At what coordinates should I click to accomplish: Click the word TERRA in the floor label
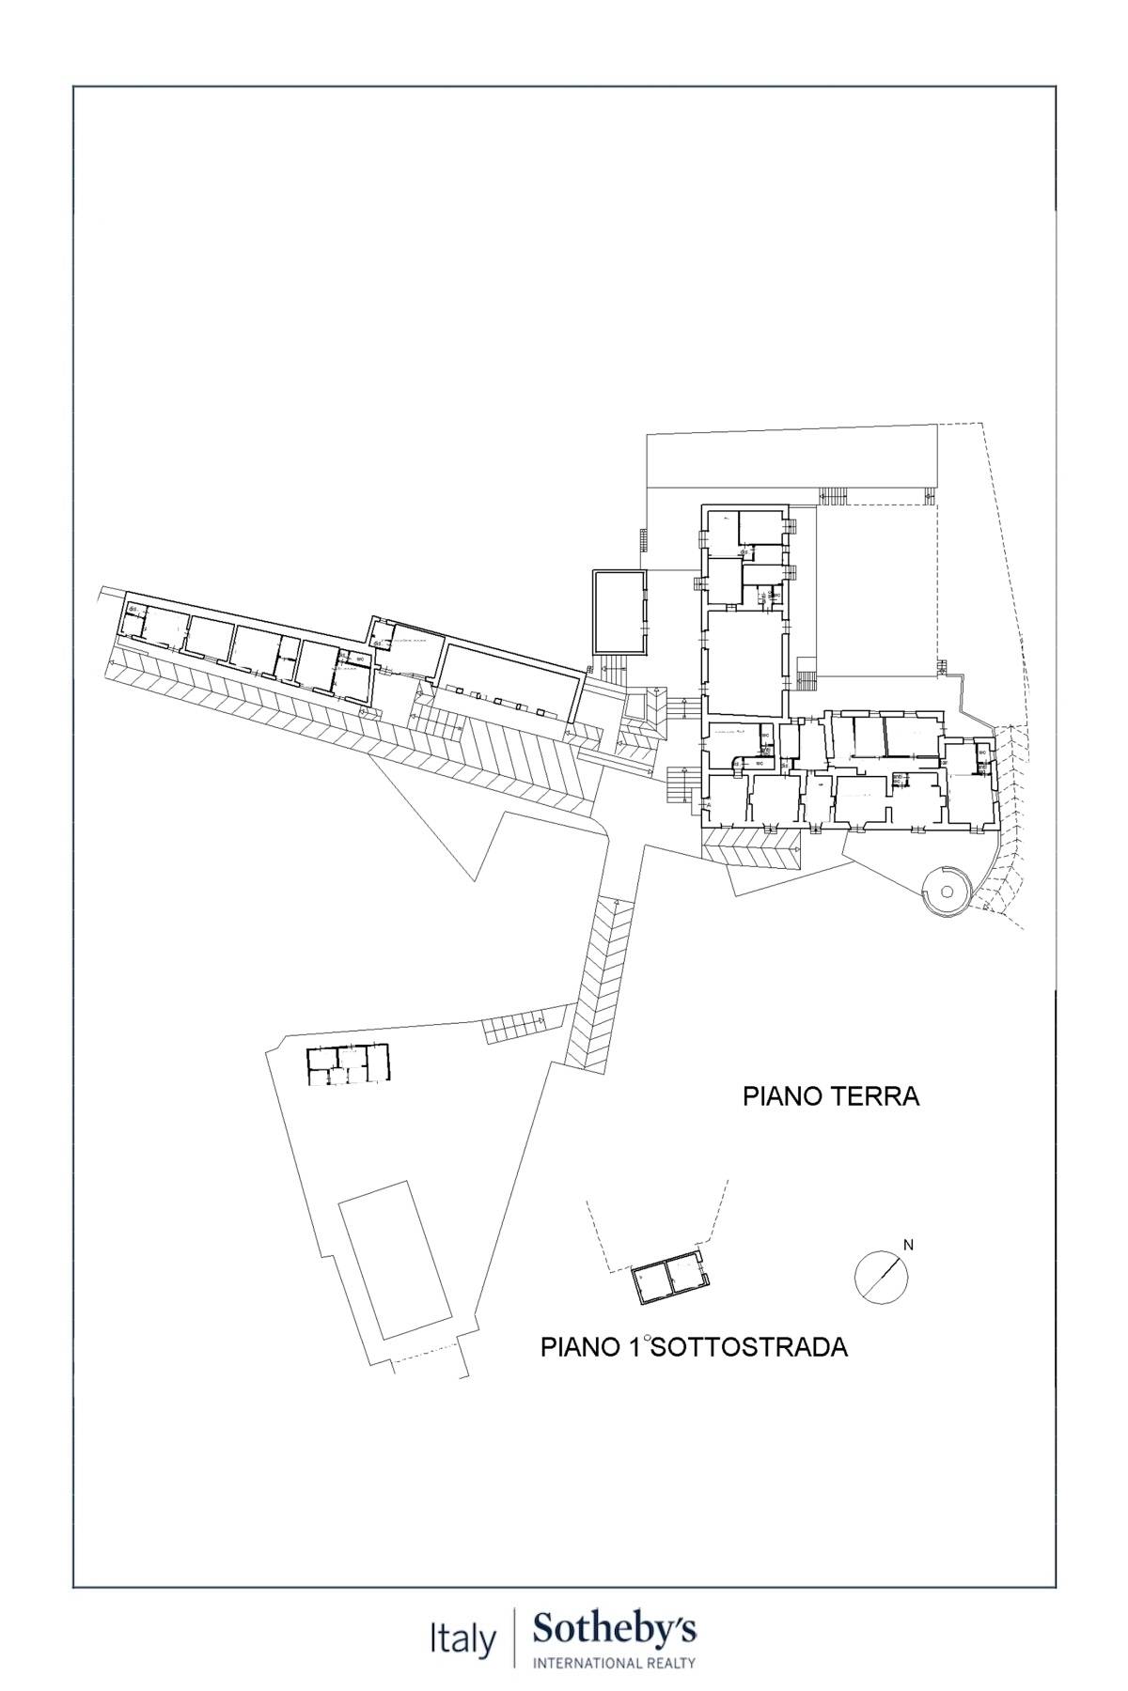(876, 1096)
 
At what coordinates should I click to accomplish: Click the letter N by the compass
(907, 1246)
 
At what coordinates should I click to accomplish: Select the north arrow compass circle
(882, 1277)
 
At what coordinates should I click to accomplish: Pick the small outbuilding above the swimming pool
(347, 1064)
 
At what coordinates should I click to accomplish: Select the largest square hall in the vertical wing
(744, 663)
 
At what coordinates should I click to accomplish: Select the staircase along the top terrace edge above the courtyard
(833, 495)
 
